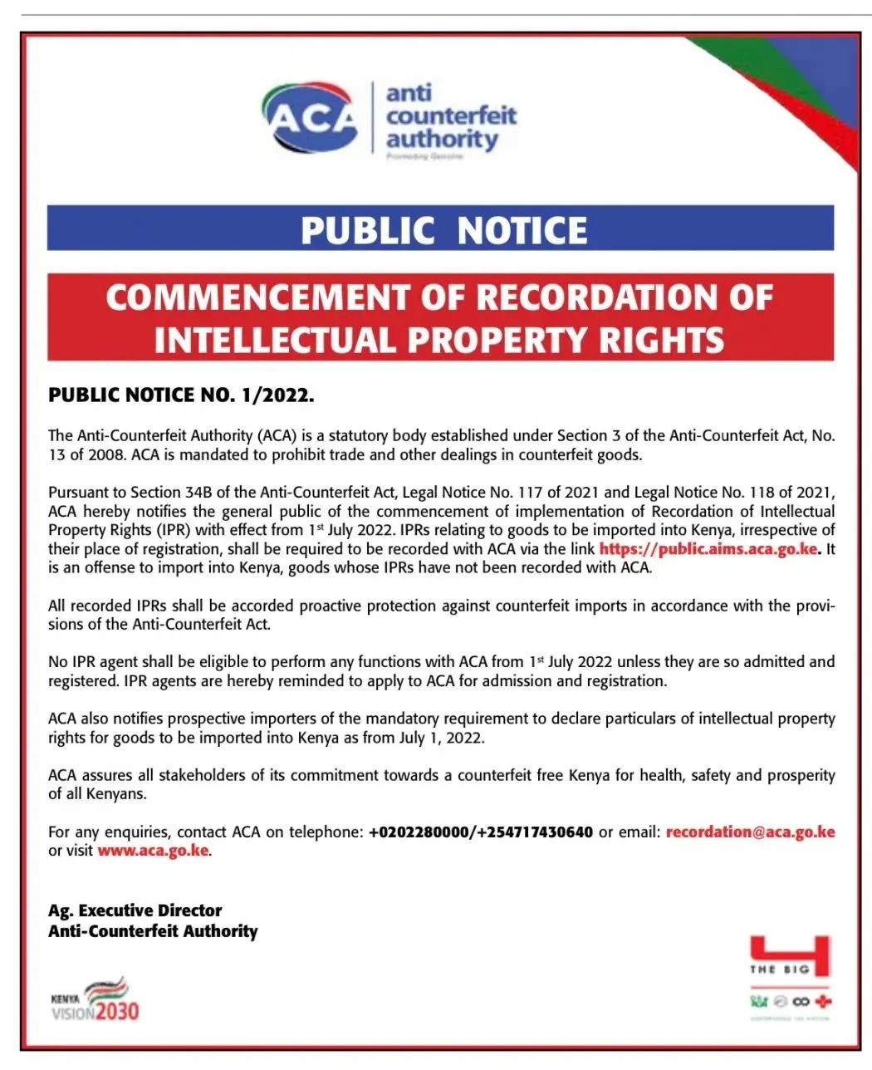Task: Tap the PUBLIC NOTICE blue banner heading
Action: tap(443, 230)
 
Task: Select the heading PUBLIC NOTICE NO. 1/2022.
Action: tap(181, 395)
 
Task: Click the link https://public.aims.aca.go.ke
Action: tap(708, 548)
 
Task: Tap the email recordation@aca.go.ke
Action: tap(750, 832)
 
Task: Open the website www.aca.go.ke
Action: tap(153, 850)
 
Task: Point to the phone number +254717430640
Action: tap(536, 832)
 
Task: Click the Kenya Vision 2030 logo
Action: tap(96, 999)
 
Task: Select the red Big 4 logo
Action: tap(790, 955)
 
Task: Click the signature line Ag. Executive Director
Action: tap(135, 910)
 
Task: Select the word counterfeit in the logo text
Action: tap(451, 115)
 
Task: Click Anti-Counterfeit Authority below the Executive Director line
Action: tap(153, 930)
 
